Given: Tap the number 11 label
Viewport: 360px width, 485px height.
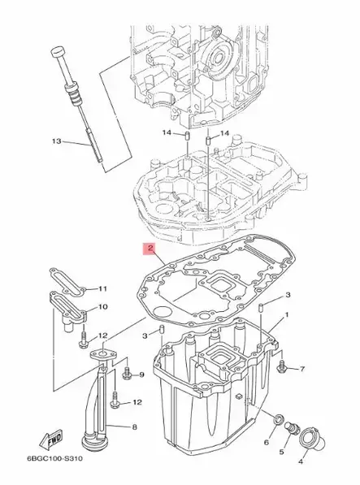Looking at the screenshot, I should click(x=102, y=288).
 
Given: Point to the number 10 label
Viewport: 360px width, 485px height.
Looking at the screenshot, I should click(x=102, y=307).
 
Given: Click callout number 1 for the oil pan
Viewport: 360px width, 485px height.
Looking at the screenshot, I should click(x=286, y=313).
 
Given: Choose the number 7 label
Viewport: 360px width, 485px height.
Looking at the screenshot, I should click(x=301, y=369).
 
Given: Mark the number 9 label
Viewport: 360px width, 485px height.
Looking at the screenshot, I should click(x=140, y=375).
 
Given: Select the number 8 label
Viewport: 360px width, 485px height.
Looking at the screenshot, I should click(x=134, y=427).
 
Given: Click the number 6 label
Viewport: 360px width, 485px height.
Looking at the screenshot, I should click(x=265, y=443).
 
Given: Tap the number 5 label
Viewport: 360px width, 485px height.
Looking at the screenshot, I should click(x=283, y=451).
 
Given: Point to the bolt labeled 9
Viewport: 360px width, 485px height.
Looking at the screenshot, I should click(x=126, y=375).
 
